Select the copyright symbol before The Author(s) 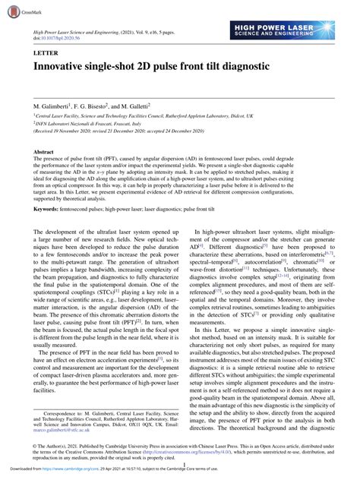click(x=36, y=444)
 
